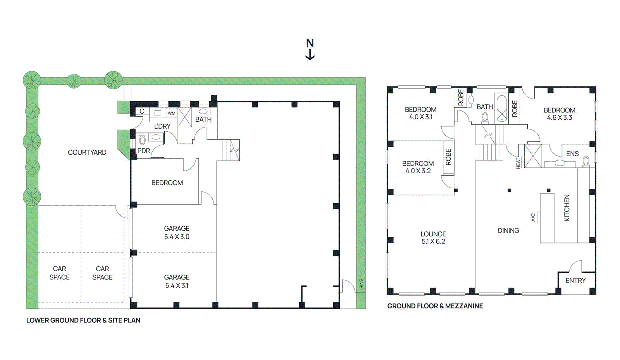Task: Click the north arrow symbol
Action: (310, 50)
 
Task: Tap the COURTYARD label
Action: (87, 152)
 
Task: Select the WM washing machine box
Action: (171, 113)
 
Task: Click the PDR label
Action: (143, 151)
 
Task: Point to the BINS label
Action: (361, 284)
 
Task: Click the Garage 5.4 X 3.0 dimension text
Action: (177, 237)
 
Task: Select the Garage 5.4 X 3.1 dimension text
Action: (177, 286)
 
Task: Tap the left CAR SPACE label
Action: (59, 273)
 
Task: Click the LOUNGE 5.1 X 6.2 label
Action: (433, 238)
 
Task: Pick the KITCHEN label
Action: (567, 208)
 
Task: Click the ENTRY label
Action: (575, 281)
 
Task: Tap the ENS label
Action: (572, 154)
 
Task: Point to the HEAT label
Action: (518, 163)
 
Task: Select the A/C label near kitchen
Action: (533, 217)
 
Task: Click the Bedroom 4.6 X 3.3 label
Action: (559, 114)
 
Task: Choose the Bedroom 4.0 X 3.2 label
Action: (418, 167)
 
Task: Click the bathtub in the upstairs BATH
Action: (502, 108)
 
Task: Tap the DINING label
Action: (508, 231)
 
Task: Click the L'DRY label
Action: (162, 126)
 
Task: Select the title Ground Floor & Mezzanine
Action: (435, 306)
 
